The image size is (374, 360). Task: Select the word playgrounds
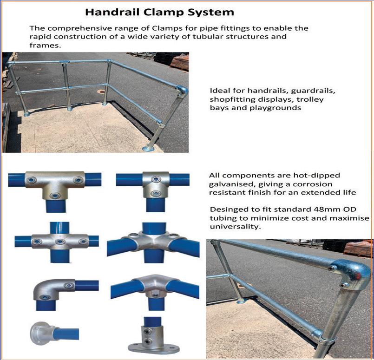[x=275, y=108]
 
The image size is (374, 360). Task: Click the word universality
[x=235, y=226]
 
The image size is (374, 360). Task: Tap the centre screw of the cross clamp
[x=60, y=242]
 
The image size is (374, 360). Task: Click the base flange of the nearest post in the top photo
[x=148, y=149]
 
